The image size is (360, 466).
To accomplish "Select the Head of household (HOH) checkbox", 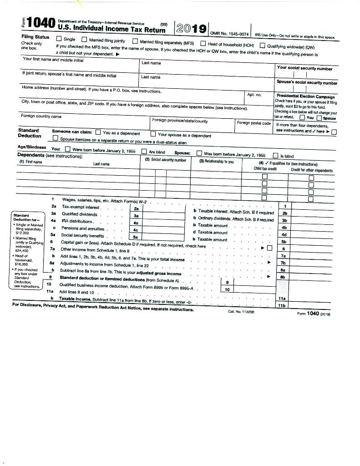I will click(x=203, y=44).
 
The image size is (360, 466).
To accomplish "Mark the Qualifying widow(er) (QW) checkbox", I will click(x=263, y=46).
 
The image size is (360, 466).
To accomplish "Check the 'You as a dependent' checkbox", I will click(x=98, y=133).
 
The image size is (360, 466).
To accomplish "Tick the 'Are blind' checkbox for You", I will click(x=144, y=152).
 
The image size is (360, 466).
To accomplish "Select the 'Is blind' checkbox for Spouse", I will click(x=275, y=155).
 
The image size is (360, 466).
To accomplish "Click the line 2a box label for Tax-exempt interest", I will click(x=136, y=208).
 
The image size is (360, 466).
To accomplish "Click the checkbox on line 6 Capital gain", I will click(x=269, y=248).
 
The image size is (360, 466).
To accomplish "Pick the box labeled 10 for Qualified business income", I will click(x=228, y=289).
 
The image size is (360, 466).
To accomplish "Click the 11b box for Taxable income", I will click(x=283, y=305).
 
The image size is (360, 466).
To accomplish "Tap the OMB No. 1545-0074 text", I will click(x=230, y=34).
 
